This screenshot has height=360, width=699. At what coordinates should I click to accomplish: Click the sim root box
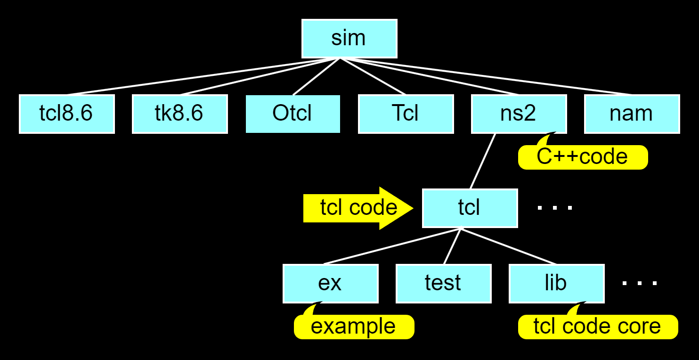coord(349,39)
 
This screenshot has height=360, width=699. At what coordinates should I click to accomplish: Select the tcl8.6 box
coord(66,114)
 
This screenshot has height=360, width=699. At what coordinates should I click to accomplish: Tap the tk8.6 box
coord(179,114)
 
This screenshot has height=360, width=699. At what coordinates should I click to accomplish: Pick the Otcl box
coord(293,114)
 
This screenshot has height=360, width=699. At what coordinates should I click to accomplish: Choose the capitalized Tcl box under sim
coord(406,114)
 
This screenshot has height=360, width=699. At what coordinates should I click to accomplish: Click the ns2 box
coord(519,114)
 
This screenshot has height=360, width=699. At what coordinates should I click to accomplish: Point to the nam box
coord(632,114)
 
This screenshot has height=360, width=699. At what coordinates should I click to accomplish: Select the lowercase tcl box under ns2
coord(470,208)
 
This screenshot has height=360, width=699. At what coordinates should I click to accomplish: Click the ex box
coord(330,283)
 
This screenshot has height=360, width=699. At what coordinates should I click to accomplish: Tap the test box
coord(443,283)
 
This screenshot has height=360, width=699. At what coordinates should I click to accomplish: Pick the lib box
coord(556,283)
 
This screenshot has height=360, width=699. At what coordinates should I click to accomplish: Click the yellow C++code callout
coord(583,157)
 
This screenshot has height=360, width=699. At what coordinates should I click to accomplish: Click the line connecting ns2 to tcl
coord(483,161)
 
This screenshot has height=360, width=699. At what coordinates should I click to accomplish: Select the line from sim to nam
coord(485,76)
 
